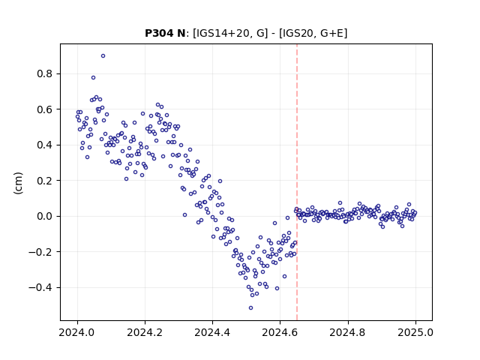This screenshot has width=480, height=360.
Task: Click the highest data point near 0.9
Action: click(x=103, y=56)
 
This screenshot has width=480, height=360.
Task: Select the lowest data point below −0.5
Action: click(x=250, y=308)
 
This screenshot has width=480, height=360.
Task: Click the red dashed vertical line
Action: click(x=297, y=182)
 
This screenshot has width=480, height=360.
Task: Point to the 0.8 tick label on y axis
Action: click(x=45, y=73)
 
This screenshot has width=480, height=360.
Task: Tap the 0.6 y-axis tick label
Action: click(x=45, y=109)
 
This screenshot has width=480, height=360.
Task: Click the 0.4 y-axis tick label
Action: click(x=45, y=145)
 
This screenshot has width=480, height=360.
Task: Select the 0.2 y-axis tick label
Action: click(x=45, y=181)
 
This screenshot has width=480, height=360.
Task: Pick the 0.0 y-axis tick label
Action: click(x=45, y=216)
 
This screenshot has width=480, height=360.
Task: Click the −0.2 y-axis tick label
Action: click(x=40, y=252)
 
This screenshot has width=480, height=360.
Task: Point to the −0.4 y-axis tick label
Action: click(x=40, y=287)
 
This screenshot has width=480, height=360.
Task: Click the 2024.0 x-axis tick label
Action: click(x=76, y=332)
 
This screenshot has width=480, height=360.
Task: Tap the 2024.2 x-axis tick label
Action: click(x=145, y=332)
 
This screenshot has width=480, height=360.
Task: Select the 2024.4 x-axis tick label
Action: click(x=212, y=332)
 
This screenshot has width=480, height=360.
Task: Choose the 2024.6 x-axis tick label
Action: click(x=280, y=332)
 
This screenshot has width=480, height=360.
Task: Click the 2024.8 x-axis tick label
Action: click(x=348, y=332)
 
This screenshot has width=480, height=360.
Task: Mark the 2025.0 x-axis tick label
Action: click(x=415, y=332)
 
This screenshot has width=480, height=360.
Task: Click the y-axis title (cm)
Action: click(x=18, y=183)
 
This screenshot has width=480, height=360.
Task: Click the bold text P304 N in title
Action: click(x=165, y=33)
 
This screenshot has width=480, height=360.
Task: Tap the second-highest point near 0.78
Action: click(x=93, y=78)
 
